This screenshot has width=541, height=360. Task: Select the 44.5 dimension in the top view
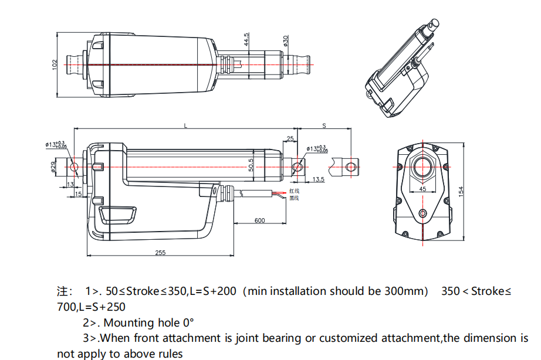coord(247,39)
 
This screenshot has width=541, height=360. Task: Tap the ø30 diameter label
coord(286,41)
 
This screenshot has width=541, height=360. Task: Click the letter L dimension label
coord(186,125)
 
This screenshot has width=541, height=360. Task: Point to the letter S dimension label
coord(324,125)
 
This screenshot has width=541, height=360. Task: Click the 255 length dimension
coord(160,252)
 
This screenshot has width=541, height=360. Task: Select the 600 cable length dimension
coord(259,220)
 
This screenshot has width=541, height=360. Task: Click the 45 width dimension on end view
coord(422,189)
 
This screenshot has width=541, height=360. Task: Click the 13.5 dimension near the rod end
coord(319,179)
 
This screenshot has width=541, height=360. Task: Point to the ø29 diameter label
coord(53,168)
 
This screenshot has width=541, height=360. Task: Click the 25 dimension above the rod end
coord(290,139)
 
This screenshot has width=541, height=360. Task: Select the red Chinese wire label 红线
coord(294,191)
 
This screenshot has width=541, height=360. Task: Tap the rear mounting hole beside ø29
coord(74,167)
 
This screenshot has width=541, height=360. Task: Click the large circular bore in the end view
coord(422,167)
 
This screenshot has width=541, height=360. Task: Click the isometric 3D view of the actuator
coord(401,70)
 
